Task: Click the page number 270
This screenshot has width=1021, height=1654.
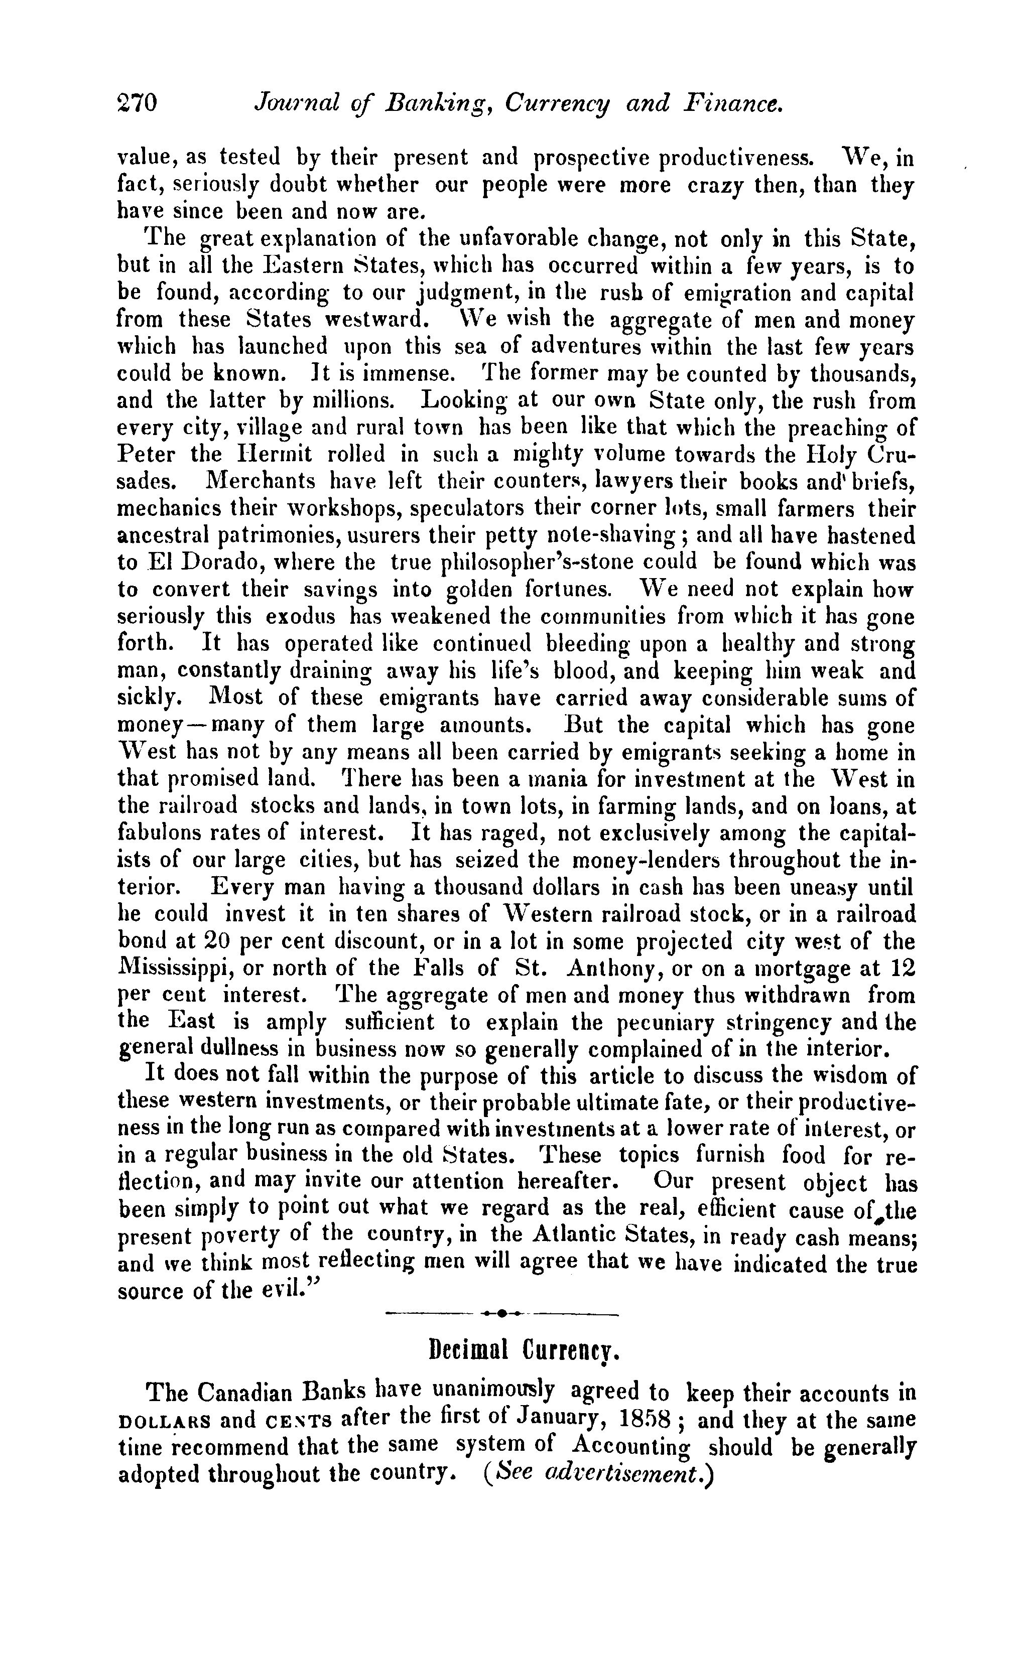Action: (x=137, y=102)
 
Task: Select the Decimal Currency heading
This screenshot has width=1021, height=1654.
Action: (x=524, y=1350)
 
